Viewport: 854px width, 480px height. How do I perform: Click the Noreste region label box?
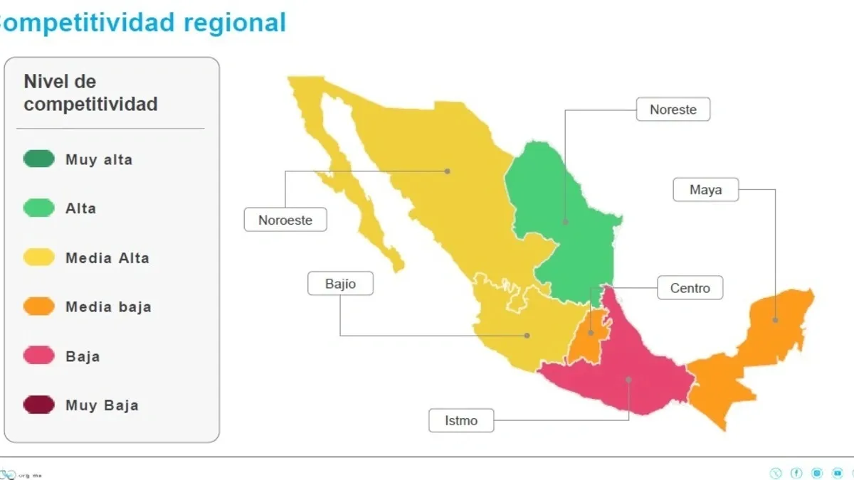[x=673, y=110]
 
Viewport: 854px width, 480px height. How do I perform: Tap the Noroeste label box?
[x=285, y=220]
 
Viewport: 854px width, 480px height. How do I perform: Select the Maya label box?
[x=705, y=190]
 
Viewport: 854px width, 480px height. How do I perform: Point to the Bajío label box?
[x=340, y=284]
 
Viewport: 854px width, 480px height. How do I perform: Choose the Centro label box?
[x=690, y=288]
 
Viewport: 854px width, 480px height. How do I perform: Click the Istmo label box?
[x=461, y=420]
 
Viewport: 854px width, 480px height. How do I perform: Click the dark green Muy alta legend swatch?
[x=38, y=159]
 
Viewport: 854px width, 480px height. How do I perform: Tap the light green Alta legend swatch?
[x=38, y=208]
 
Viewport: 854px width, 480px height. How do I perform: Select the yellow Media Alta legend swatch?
[x=38, y=257]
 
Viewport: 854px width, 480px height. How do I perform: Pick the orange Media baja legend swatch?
[x=38, y=306]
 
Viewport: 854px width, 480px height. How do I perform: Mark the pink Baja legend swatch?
[x=38, y=356]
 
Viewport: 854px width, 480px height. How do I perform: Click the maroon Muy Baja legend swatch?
[x=38, y=405]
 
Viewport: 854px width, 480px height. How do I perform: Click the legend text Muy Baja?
[x=102, y=405]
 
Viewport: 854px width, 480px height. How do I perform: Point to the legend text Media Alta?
[x=107, y=257]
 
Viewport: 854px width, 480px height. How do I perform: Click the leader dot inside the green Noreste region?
[x=566, y=222]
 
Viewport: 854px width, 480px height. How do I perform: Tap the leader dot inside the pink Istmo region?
[x=629, y=380]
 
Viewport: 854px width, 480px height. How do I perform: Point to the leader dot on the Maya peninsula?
[x=776, y=320]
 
